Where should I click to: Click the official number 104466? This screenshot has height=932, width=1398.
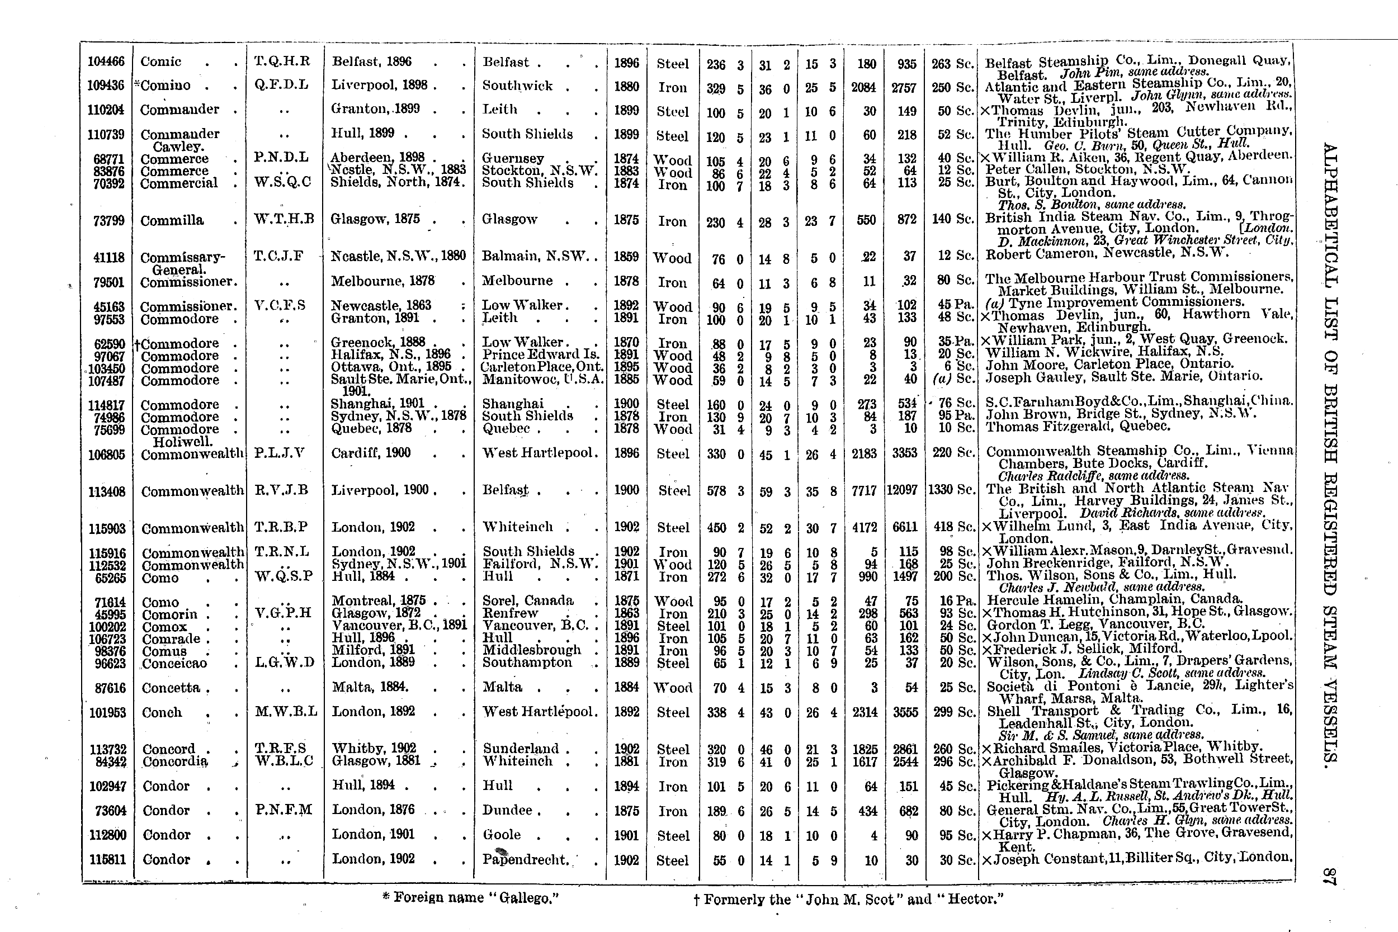[106, 61]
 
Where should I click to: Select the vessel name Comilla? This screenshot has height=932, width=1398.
[172, 220]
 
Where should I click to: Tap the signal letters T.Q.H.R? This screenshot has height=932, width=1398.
[282, 60]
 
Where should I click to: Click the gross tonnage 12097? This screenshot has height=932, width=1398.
[903, 490]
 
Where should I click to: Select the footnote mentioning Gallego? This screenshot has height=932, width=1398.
[471, 897]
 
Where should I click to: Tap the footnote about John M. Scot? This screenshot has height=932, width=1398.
[848, 898]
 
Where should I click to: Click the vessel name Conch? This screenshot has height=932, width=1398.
[162, 712]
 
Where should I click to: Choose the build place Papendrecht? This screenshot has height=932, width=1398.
[526, 859]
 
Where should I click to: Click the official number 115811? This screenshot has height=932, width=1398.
[107, 859]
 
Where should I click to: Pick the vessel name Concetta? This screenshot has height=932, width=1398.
[171, 688]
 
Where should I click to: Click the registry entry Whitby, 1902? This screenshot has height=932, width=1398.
[374, 748]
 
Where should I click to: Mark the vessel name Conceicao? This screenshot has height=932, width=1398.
[174, 663]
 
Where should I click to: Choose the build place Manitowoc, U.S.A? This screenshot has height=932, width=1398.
[542, 380]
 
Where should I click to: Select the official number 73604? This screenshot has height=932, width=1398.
[107, 811]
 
